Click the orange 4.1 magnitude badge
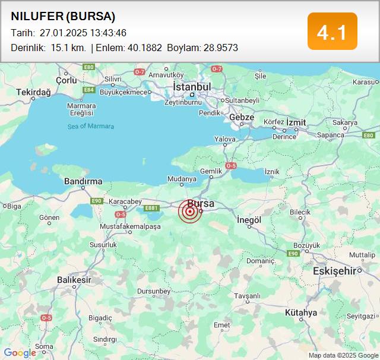click(x=332, y=31)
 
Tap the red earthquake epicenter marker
click(x=190, y=211)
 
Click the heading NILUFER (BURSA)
click(x=63, y=16)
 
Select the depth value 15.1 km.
click(x=68, y=48)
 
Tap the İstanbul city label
click(x=192, y=87)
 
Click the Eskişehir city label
click(x=334, y=271)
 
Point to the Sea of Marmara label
click(x=90, y=126)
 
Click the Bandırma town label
click(x=83, y=181)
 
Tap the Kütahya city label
click(x=301, y=312)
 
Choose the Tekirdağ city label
click(x=33, y=92)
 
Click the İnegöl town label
click(x=249, y=220)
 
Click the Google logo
click(x=20, y=353)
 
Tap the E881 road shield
click(x=152, y=208)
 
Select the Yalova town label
click(x=225, y=139)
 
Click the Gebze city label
click(x=242, y=118)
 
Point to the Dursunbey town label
click(x=154, y=291)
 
